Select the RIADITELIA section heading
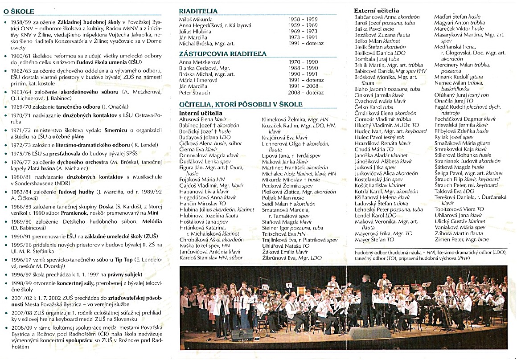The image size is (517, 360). pyautogui.click(x=198, y=11)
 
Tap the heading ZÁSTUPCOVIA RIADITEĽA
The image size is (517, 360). pyautogui.click(x=216, y=53)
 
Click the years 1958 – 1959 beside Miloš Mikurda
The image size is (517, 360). pyautogui.click(x=304, y=20)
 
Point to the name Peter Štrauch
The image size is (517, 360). pyautogui.click(x=195, y=93)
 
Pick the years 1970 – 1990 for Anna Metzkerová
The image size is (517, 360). pyautogui.click(x=304, y=62)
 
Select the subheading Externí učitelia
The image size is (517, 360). pyautogui.click(x=377, y=10)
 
